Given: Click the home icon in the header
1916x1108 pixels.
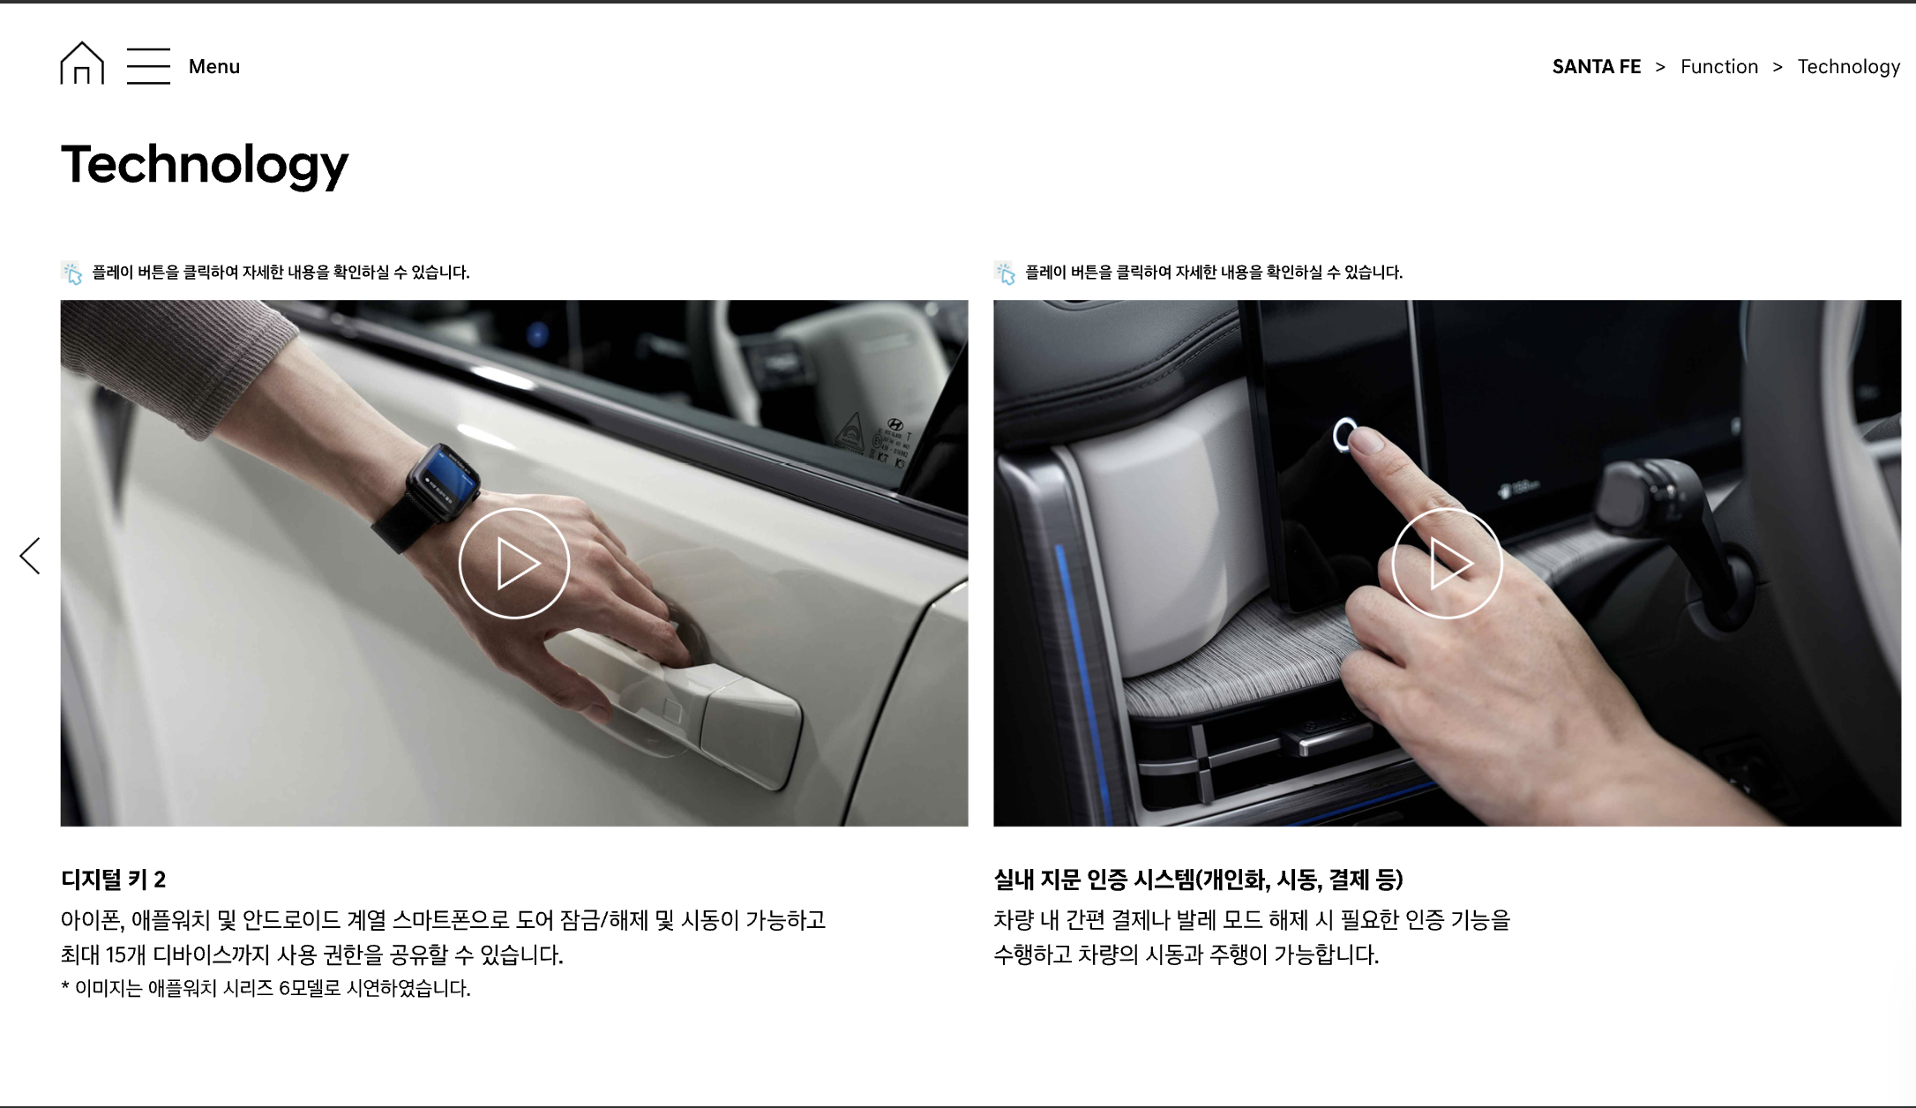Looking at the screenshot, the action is click(x=82, y=64).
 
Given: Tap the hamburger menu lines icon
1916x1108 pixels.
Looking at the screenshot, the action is click(x=148, y=66).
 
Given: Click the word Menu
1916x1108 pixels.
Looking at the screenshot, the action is click(x=214, y=67).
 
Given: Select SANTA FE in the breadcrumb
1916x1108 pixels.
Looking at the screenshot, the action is click(x=1597, y=67).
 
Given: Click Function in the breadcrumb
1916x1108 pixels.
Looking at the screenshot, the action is click(x=1719, y=67).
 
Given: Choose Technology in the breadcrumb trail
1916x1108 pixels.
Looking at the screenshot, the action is click(x=1849, y=67).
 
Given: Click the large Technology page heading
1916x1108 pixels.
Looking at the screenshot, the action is click(x=205, y=165).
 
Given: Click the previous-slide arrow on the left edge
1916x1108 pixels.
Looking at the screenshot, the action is click(x=30, y=556).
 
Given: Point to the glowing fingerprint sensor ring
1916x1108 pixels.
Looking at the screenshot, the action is click(x=1343, y=434).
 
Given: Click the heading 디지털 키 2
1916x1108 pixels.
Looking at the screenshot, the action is click(x=114, y=880).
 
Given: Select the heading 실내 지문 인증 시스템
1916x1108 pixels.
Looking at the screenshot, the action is click(x=1093, y=880).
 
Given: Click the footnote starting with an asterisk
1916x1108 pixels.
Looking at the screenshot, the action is click(x=266, y=988).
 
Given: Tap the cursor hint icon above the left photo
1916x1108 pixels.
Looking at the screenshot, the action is click(x=71, y=273).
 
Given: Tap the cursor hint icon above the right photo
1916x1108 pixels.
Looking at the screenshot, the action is click(x=1005, y=273).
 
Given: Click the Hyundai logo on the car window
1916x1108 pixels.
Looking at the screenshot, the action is click(x=894, y=424).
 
